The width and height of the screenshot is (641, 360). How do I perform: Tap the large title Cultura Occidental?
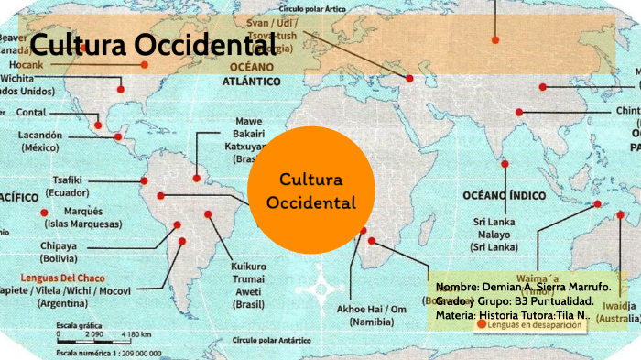point(152,44)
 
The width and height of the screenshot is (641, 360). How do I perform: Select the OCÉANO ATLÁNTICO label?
point(250,73)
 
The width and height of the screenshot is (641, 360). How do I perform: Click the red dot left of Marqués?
point(45,213)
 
